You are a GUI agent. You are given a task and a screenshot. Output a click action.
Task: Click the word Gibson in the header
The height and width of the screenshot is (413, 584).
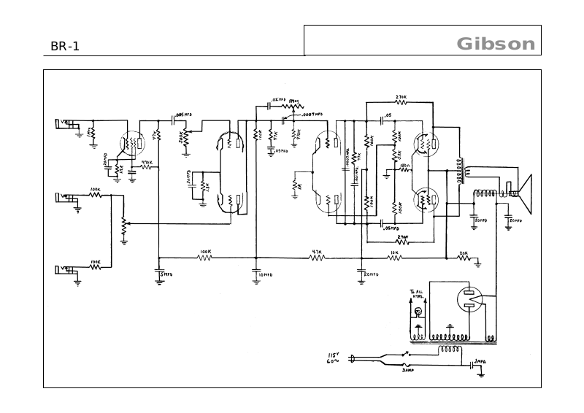(x=496, y=44)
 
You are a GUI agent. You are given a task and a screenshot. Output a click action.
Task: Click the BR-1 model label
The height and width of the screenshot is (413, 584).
(x=65, y=47)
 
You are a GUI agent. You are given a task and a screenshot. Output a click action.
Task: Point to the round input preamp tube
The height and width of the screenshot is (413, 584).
(x=132, y=144)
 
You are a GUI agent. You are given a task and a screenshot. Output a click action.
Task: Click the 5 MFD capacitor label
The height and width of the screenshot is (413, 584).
(x=167, y=274)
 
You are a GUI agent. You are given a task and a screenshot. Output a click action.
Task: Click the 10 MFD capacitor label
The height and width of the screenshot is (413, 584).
(x=264, y=275)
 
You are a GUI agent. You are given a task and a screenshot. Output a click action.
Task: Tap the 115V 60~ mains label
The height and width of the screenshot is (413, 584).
(x=334, y=358)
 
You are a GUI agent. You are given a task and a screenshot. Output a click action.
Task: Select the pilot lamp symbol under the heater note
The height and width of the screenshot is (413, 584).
(x=418, y=312)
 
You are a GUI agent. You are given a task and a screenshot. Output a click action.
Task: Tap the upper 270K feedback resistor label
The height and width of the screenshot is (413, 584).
(x=401, y=96)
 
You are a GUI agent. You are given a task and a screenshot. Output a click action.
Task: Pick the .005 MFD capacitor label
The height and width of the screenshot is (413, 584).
(x=184, y=115)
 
